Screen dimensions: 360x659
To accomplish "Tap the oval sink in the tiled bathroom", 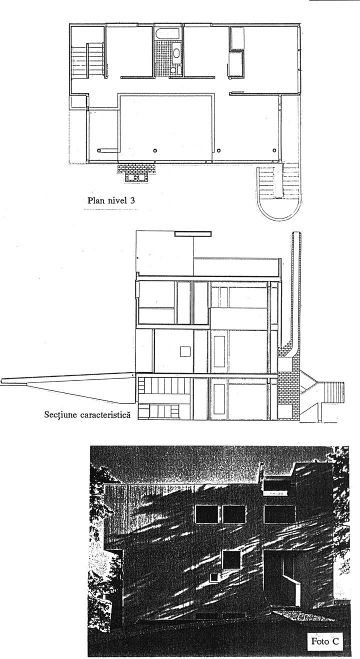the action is (177, 53).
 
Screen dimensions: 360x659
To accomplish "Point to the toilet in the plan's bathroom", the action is (173, 70).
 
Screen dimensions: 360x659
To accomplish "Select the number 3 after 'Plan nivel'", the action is (132, 200).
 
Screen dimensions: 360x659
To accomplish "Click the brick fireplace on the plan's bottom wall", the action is (136, 172).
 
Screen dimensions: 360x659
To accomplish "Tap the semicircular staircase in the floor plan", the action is (279, 192).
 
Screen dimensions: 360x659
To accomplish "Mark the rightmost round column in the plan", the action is (274, 150).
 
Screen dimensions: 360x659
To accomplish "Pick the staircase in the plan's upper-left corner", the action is (87, 60).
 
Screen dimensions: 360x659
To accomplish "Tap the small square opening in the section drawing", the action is (185, 351).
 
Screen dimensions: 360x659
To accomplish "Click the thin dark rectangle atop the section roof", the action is (193, 234).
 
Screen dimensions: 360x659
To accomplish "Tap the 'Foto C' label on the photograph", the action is (325, 639).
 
